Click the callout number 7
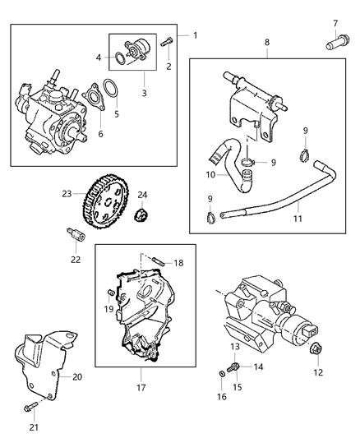tap(335, 22)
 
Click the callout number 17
tap(141, 386)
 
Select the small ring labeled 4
tap(122, 58)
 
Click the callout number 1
tap(195, 35)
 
